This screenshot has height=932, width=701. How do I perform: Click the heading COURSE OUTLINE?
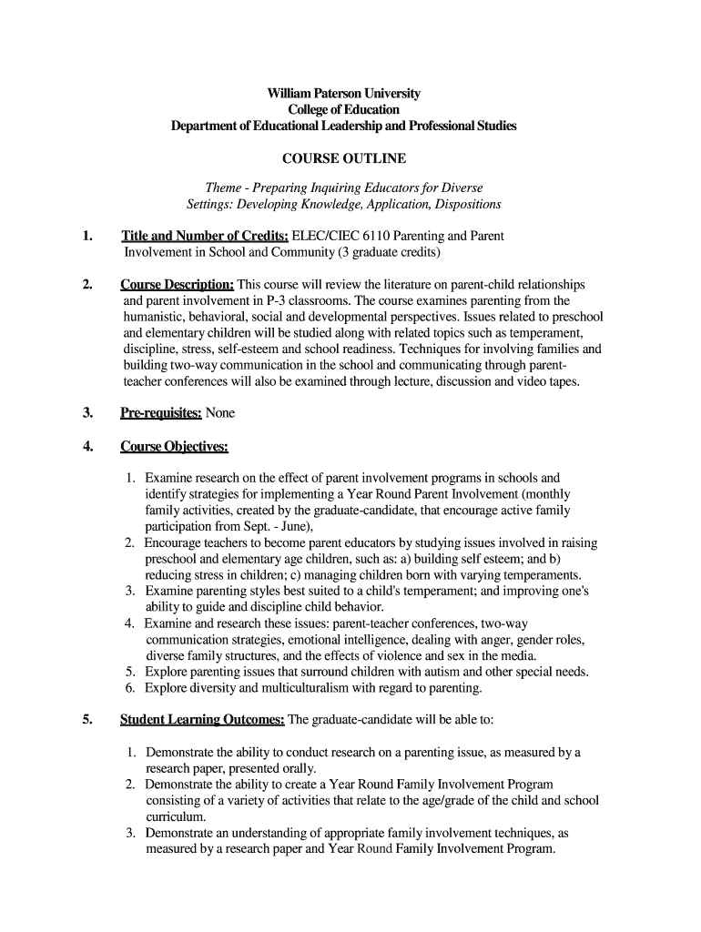click(x=344, y=158)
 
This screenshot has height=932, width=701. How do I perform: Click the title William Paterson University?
click(x=343, y=94)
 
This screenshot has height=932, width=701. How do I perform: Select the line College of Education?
click(x=343, y=109)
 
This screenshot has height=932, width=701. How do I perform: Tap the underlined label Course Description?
click(x=178, y=284)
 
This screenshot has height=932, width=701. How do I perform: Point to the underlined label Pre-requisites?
click(x=162, y=412)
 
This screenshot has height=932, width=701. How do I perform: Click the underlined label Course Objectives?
click(x=174, y=446)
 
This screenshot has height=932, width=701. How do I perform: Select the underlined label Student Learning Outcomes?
click(x=202, y=719)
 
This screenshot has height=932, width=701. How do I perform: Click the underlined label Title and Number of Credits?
click(x=205, y=236)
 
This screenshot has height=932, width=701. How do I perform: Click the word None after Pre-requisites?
click(x=220, y=412)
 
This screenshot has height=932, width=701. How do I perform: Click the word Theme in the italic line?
click(x=223, y=188)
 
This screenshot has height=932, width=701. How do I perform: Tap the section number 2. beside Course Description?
click(x=87, y=284)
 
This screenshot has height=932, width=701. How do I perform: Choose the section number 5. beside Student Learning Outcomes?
click(x=87, y=719)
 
